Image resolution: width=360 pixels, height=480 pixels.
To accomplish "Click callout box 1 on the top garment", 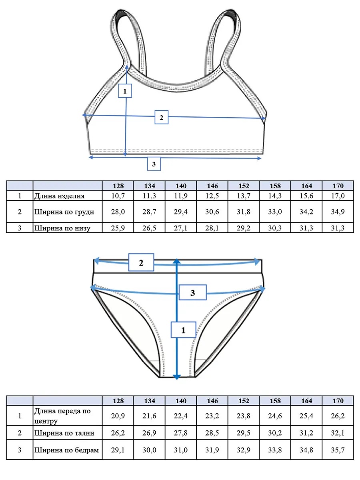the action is tap(125, 91).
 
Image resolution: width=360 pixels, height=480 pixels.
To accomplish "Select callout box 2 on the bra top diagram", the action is tap(161, 117).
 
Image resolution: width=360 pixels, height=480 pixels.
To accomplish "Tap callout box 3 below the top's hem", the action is tap(154, 164).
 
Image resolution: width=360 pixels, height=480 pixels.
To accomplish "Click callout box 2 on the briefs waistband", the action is tap(141, 262).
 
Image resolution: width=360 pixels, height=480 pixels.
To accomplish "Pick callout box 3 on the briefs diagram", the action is tap(192, 292).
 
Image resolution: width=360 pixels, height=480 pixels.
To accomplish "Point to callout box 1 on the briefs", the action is tap(183, 330).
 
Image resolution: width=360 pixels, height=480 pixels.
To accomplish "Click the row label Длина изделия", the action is tap(59, 196).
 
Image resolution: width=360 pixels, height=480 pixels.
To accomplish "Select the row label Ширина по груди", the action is tap(64, 212).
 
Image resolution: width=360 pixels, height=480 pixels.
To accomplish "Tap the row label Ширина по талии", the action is tap(64, 433).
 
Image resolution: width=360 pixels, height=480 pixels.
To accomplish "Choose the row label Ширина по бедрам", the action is tap(66, 450).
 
